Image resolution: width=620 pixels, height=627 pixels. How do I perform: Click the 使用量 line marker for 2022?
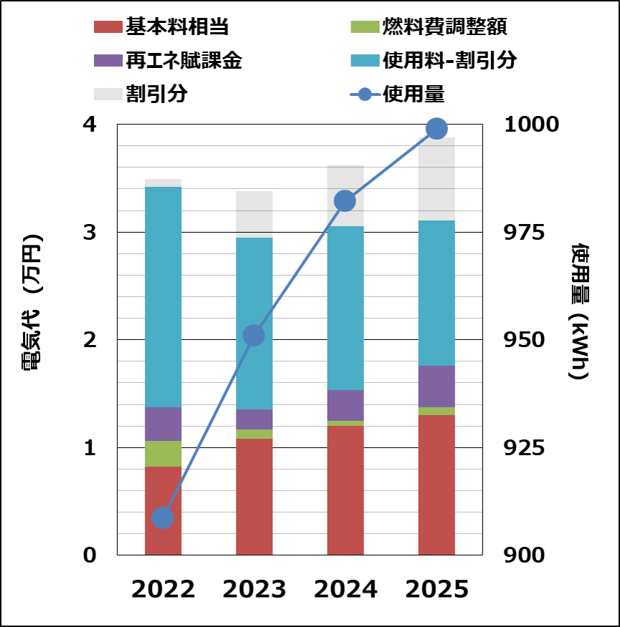163,517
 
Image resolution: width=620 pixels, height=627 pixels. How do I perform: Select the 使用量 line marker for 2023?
254,335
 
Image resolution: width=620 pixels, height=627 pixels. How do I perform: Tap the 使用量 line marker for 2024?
345,201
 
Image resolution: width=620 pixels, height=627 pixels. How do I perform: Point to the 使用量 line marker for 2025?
436,129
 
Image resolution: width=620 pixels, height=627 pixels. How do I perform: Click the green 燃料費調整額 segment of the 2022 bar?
163,454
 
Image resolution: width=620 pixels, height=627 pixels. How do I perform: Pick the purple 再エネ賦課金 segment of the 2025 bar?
437,387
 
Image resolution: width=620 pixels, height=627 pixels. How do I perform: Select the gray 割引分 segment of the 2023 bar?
254,214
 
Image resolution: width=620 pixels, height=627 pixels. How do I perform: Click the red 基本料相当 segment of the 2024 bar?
345,490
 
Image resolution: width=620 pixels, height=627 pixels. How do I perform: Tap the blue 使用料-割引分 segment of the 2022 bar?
163,297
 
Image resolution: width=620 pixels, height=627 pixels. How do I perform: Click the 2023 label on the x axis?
254,589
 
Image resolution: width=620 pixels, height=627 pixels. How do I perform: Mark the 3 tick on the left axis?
90,233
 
